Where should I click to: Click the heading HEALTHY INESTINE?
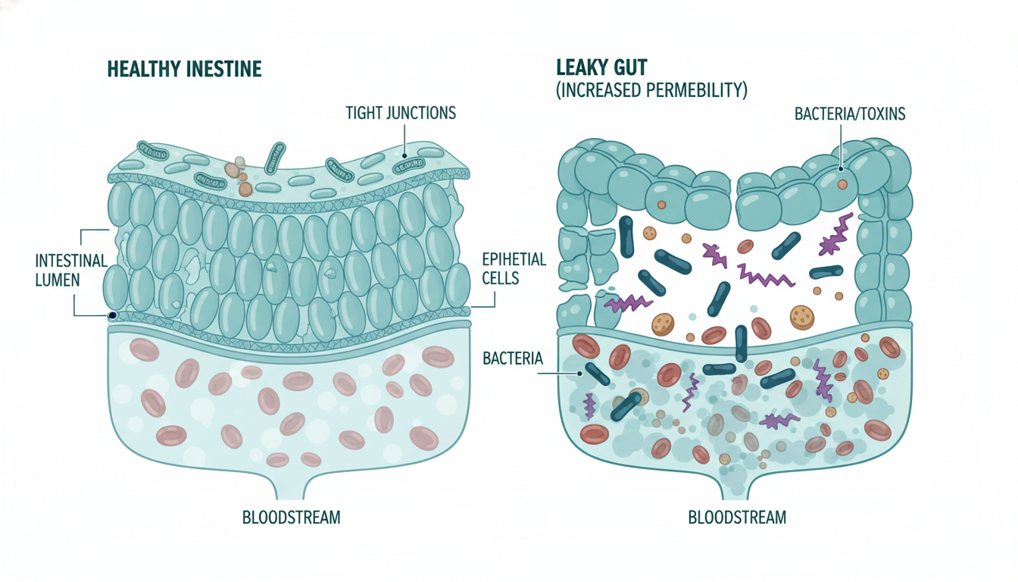coord(185,69)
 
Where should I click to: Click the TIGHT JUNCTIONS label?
coord(401,114)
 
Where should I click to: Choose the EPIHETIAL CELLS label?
coord(514,268)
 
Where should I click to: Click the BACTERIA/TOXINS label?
coord(850,114)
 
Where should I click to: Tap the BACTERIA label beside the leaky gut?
coord(513,357)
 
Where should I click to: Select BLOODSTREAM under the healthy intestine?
coord(291,518)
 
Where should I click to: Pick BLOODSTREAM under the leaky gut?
coord(737,518)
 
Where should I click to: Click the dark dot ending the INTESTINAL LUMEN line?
coord(112,315)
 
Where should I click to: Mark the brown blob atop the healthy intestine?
coord(245,188)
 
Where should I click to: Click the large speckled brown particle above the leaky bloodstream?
coord(801,316)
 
